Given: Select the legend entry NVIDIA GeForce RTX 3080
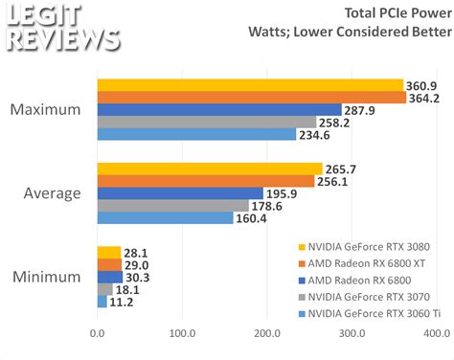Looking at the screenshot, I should pos(368,244).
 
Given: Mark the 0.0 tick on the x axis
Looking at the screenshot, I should pos(97,333).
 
